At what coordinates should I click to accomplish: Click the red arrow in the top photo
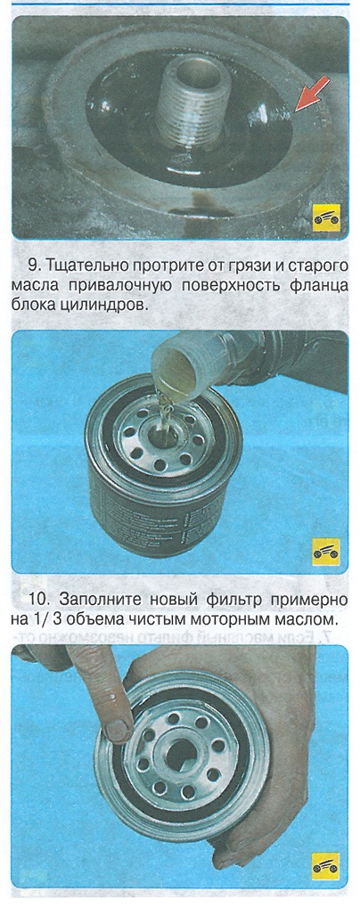(x=311, y=94)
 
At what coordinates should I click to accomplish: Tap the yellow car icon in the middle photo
(x=326, y=552)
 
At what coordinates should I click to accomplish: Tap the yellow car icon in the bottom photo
(x=326, y=867)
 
